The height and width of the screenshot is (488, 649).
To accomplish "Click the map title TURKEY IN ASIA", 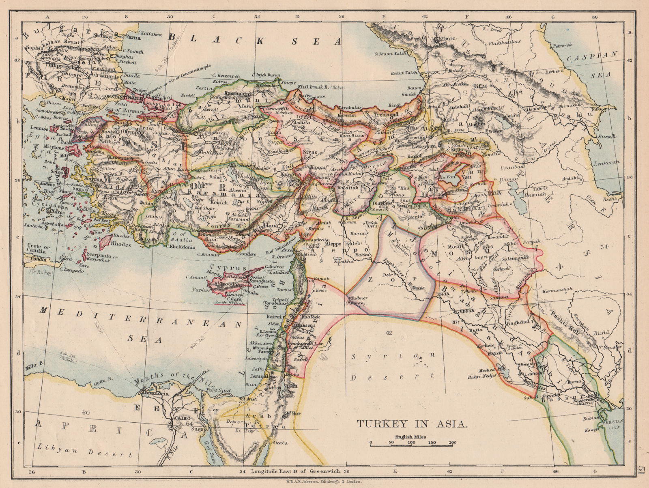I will click(412, 424).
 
